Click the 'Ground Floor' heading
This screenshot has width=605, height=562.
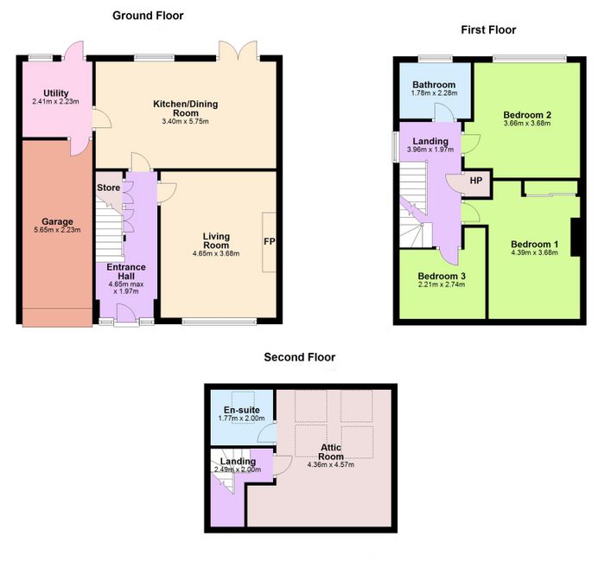coord(148,16)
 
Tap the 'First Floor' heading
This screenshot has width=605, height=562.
coord(488,29)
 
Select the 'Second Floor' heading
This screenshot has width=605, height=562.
coord(299,357)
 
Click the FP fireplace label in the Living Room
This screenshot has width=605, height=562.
coord(270,241)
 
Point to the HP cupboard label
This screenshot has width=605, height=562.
coord(475,180)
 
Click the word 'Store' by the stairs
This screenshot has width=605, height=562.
coord(108,188)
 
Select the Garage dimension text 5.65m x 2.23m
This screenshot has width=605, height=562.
coord(57,230)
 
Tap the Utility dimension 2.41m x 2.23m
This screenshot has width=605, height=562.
coord(56,101)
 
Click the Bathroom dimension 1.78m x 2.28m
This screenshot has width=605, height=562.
coord(434,93)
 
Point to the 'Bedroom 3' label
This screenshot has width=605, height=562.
coord(442,276)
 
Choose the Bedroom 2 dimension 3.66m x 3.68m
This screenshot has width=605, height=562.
coord(527,124)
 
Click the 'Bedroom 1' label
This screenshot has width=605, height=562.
coord(534,245)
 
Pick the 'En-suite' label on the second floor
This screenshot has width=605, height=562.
coord(241,410)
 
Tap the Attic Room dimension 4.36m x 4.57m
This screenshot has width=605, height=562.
coord(331,465)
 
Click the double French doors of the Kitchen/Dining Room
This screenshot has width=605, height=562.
coord(238,50)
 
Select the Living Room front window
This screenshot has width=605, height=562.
coord(220,322)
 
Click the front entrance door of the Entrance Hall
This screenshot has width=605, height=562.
coord(126,313)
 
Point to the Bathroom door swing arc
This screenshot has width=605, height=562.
coord(444,112)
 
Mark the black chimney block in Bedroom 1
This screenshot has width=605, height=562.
coord(576,237)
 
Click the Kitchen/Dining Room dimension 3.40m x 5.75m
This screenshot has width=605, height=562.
coord(186,122)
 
